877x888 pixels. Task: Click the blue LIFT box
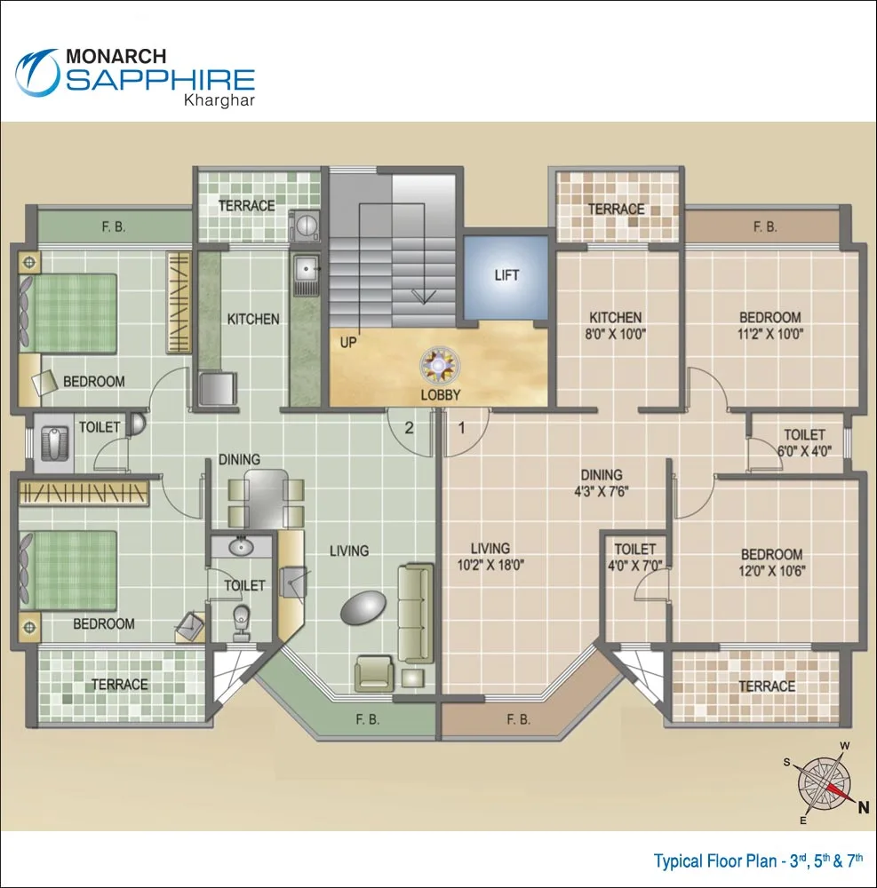(506, 275)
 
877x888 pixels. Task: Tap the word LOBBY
(441, 395)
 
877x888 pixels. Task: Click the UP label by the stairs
(349, 341)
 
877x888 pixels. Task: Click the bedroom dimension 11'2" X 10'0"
(769, 335)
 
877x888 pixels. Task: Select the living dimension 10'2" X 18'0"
(490, 566)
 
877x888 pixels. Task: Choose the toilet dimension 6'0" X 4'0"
(803, 450)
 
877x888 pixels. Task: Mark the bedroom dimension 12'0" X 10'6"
(771, 571)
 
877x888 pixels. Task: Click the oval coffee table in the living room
(365, 607)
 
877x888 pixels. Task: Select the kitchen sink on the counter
(306, 264)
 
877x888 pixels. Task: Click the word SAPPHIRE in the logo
(160, 80)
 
